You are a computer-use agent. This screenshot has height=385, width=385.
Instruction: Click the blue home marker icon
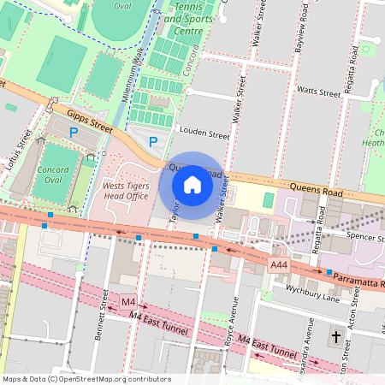pos(192,185)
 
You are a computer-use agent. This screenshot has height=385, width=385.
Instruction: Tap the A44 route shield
pos(279,266)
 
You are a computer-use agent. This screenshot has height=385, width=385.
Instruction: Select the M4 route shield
pos(128,302)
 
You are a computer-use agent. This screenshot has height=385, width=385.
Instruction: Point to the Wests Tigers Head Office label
pos(125,190)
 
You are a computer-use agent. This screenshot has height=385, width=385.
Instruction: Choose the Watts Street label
pos(318,90)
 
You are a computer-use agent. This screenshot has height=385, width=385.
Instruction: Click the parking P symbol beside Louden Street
pos(153,141)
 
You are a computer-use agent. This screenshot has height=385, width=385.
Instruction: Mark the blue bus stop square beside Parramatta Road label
pos(329,272)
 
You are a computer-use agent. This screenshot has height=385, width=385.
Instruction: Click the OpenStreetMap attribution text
pos(86,378)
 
